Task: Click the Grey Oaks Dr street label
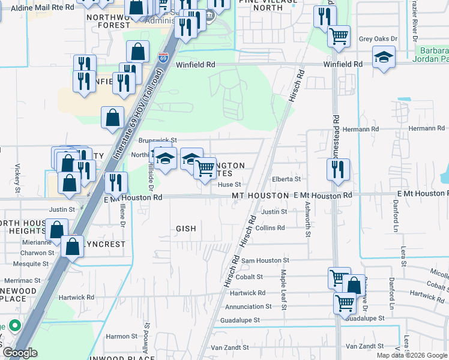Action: point(378,39)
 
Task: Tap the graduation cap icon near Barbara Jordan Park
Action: point(384,58)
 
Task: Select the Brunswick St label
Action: point(157,140)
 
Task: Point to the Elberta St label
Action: point(286,179)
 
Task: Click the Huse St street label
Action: point(229,185)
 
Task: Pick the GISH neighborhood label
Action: point(185,229)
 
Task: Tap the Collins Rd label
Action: point(270,228)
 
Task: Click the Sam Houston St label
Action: point(265,260)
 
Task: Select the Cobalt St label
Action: point(252,277)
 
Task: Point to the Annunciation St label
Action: point(249,306)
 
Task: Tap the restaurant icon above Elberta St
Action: point(339,169)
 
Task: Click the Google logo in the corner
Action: point(19,353)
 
